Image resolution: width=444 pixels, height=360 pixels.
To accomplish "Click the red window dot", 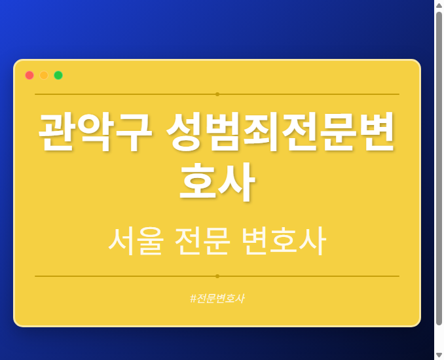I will (29, 75).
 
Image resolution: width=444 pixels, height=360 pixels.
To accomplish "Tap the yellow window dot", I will (44, 75).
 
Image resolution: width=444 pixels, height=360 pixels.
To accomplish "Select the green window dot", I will (58, 75).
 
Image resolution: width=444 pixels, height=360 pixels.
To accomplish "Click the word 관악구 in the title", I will (95, 132).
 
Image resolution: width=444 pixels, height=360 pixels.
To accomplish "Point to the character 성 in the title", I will (185, 132).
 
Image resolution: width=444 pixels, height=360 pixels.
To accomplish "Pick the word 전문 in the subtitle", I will (202, 241).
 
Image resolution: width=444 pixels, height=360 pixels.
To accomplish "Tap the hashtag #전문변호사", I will (217, 298).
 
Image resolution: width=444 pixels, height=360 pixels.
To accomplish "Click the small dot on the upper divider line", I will (217, 94).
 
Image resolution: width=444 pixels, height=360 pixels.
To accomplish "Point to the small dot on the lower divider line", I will (217, 276).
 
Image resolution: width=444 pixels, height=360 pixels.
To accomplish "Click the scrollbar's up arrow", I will (439, 5).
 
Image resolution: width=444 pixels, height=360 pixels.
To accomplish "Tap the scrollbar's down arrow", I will (439, 355).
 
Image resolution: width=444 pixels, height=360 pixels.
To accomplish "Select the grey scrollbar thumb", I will (439, 167).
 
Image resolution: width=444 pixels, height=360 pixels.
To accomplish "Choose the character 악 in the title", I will (95, 132).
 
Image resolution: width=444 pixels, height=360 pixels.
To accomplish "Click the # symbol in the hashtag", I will (193, 298).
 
